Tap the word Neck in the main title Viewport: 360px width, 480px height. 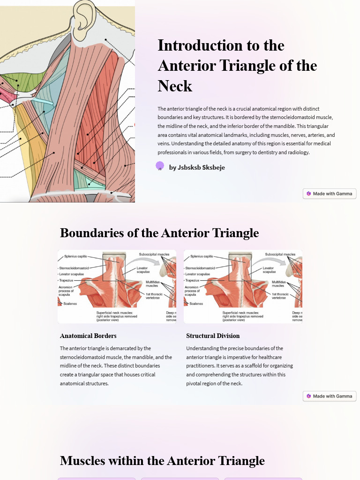click(x=175, y=86)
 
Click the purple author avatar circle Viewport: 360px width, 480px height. click(x=160, y=165)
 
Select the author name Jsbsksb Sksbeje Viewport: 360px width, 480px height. click(x=197, y=167)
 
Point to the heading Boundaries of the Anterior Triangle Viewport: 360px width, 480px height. click(x=159, y=233)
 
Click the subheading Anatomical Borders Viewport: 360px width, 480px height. click(x=88, y=336)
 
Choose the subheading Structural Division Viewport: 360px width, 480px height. click(x=213, y=336)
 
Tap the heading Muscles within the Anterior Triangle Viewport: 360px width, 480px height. click(x=162, y=461)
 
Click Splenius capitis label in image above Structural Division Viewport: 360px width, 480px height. click(x=202, y=256)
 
